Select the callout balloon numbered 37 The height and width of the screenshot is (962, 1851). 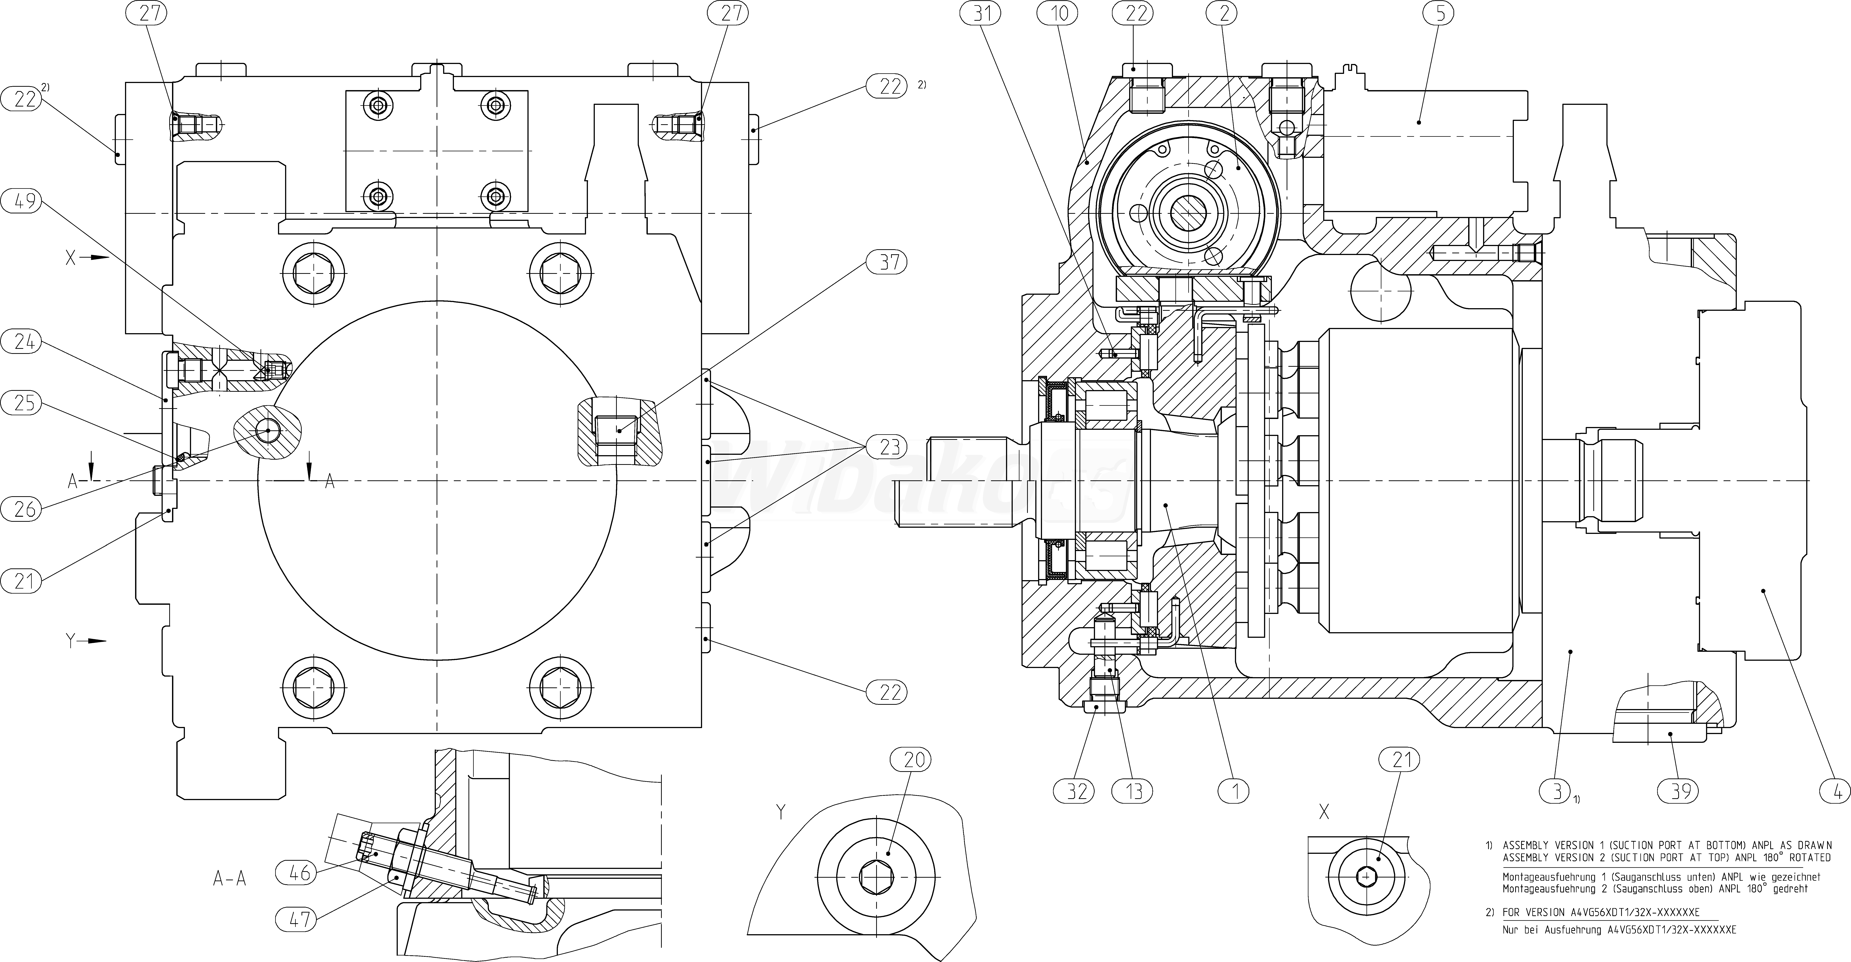click(x=889, y=263)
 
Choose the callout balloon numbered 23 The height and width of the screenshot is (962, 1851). click(x=889, y=447)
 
